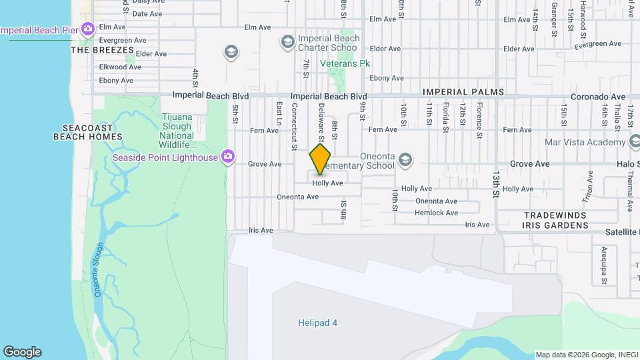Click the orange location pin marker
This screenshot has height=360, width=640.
click(321, 159)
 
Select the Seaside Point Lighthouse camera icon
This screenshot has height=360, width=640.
click(228, 157)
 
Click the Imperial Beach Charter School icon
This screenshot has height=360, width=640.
click(287, 43)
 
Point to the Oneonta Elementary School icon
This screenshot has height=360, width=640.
click(405, 160)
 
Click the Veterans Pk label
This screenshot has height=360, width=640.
click(345, 63)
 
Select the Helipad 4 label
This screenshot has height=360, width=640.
click(317, 323)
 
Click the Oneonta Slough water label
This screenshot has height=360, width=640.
click(98, 269)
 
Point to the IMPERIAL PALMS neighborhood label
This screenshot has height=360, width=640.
click(462, 92)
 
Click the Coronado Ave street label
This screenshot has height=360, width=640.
click(598, 97)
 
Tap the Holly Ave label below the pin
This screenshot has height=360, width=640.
click(327, 183)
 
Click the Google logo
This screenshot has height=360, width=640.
click(22, 352)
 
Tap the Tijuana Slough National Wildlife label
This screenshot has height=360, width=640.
click(177, 131)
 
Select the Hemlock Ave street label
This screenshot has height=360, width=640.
click(436, 213)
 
